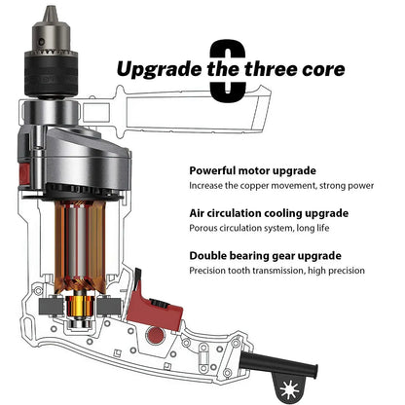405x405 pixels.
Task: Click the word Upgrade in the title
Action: pyautogui.click(x=160, y=69)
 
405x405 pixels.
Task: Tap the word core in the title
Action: pyautogui.click(x=323, y=69)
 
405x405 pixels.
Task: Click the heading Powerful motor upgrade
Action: pyautogui.click(x=252, y=170)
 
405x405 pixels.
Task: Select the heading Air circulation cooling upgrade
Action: pyautogui.click(x=269, y=213)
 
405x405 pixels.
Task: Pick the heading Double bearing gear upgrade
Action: pyautogui.click(x=265, y=256)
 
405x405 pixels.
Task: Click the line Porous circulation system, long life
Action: pyautogui.click(x=259, y=228)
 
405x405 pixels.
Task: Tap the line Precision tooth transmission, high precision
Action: pyautogui.click(x=276, y=271)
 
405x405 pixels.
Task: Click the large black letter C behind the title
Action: pyautogui.click(x=228, y=70)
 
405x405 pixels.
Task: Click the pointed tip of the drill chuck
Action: pyautogui.click(x=51, y=7)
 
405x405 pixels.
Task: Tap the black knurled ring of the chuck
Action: pyautogui.click(x=52, y=74)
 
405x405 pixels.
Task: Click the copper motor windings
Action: pyautogui.click(x=80, y=246)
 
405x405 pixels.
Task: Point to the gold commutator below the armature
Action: pyautogui.click(x=78, y=307)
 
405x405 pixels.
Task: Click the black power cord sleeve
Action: pyautogui.click(x=278, y=365)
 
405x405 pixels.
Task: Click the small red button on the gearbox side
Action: pyautogui.click(x=24, y=173)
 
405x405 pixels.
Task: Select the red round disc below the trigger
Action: pyautogui.click(x=156, y=335)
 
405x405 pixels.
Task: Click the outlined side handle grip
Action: pyautogui.click(x=195, y=110)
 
